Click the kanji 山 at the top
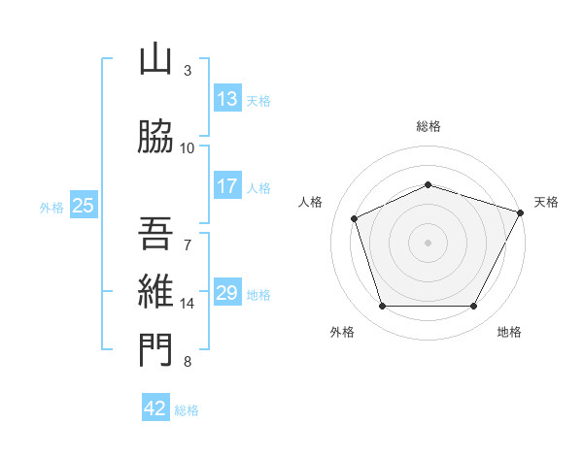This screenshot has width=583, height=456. (155, 60)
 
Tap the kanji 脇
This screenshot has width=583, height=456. (155, 138)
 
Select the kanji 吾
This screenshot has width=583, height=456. (155, 233)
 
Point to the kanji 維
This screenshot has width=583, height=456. (155, 292)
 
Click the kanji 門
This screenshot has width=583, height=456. (155, 351)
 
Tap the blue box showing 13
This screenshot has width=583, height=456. (227, 99)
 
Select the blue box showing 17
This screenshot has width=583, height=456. (227, 186)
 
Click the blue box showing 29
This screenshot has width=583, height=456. (227, 293)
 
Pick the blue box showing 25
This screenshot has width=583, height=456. (83, 205)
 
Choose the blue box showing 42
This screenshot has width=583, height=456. (155, 408)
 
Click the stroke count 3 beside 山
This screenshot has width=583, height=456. (188, 71)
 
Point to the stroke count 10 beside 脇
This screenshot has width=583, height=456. (188, 148)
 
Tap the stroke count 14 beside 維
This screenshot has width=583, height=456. (188, 304)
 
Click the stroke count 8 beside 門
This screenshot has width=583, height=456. (188, 362)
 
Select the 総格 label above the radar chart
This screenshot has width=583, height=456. (429, 126)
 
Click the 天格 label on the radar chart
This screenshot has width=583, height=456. (546, 202)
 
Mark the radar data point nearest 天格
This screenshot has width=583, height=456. (522, 212)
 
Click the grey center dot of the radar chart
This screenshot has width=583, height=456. (429, 243)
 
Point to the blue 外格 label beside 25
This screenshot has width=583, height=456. (51, 207)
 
